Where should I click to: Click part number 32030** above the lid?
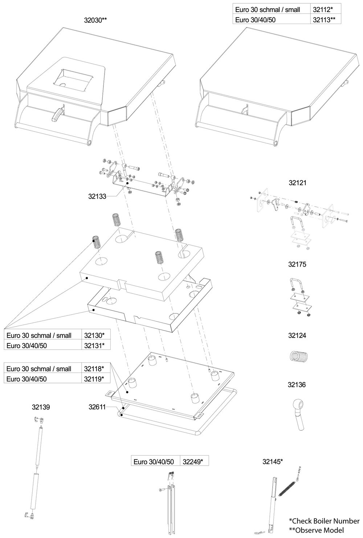[x=95, y=20]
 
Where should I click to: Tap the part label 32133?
[x=97, y=196]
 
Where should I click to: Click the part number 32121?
[x=297, y=183]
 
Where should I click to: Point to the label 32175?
[x=297, y=264]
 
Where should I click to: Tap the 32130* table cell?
[x=95, y=335]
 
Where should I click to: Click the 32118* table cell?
[x=95, y=368]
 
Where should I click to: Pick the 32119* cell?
[x=95, y=379]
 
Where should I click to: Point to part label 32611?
[x=97, y=407]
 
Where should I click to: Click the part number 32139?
[x=41, y=407]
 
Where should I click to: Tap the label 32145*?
[x=272, y=462]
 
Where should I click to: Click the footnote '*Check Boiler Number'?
[x=324, y=521]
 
